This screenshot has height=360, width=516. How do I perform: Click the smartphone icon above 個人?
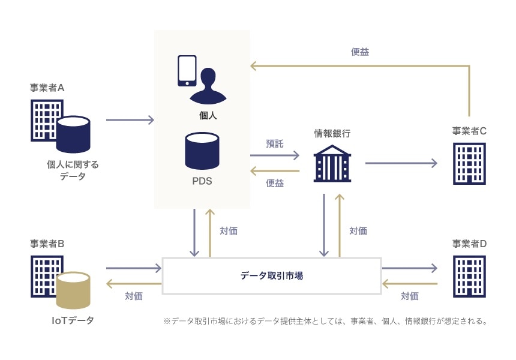pyautogui.click(x=187, y=70)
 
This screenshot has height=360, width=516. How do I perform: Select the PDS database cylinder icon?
pyautogui.click(x=202, y=151)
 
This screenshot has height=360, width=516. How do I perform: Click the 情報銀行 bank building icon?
pyautogui.click(x=331, y=163)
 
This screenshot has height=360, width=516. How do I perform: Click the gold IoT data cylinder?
pyautogui.click(x=73, y=291)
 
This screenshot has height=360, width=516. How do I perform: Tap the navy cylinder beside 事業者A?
pyautogui.click(x=73, y=134)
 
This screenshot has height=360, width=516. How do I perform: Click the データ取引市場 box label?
pyautogui.click(x=271, y=276)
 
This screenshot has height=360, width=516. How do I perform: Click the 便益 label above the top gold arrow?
pyautogui.click(x=359, y=52)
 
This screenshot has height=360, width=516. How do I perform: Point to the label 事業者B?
pyautogui.click(x=47, y=244)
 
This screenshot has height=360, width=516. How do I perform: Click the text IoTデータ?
pyautogui.click(x=73, y=320)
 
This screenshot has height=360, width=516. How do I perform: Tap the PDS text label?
pyautogui.click(x=202, y=179)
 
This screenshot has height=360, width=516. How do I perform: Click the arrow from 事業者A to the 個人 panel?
pyautogui.click(x=130, y=120)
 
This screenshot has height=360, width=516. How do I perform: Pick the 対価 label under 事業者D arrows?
pyautogui.click(x=410, y=296)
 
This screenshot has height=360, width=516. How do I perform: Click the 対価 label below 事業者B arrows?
pyautogui.click(x=134, y=296)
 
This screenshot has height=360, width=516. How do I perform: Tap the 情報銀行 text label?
pyautogui.click(x=332, y=133)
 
